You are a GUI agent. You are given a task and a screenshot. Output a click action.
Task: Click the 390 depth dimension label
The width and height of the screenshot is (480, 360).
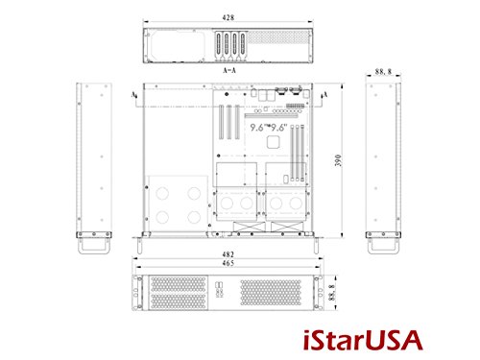[x=338, y=160]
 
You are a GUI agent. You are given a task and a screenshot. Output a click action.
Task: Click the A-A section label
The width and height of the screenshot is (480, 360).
[x=231, y=72]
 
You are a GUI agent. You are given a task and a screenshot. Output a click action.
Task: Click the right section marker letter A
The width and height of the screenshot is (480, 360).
[x=327, y=95]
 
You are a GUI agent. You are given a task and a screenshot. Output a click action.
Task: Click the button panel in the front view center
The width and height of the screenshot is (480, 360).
[x=222, y=290]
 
